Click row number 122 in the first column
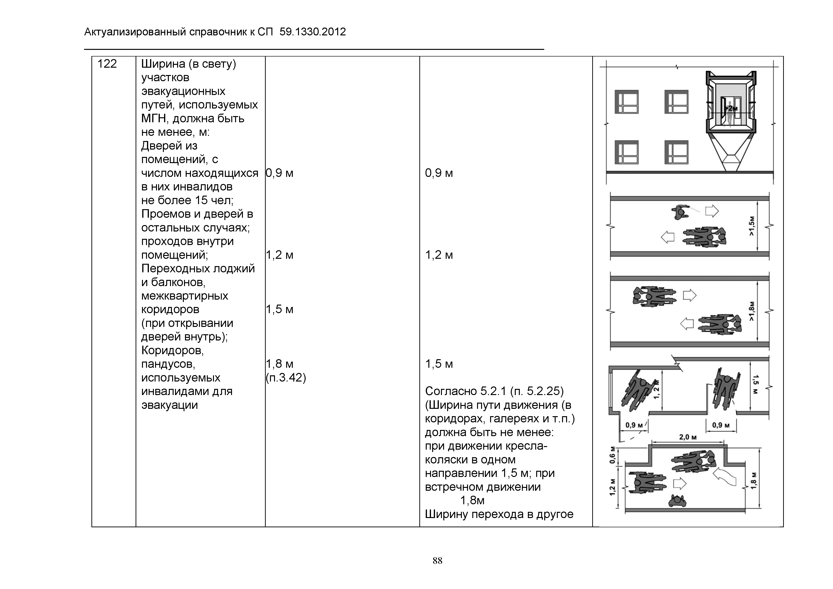[107, 64]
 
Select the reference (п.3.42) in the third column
[286, 377]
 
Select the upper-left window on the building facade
[627, 102]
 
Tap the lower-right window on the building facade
[676, 152]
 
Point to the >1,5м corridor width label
[752, 226]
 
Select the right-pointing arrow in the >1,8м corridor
[690, 295]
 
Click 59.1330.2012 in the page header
[313, 32]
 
